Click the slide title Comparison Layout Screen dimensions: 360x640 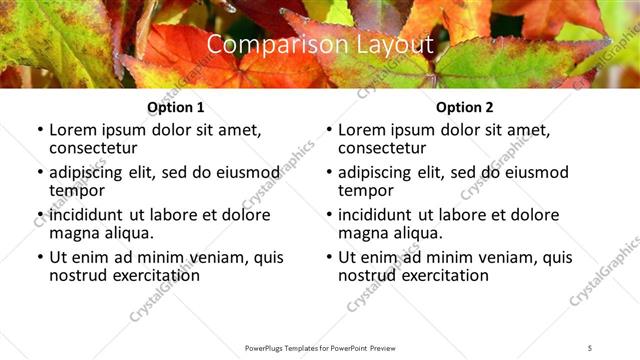(x=320, y=45)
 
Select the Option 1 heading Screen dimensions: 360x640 (x=175, y=107)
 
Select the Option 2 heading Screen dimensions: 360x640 (x=464, y=107)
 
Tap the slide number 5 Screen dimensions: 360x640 (x=590, y=347)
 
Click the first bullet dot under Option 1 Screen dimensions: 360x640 (x=40, y=130)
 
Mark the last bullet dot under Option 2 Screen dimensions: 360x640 (x=329, y=257)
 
